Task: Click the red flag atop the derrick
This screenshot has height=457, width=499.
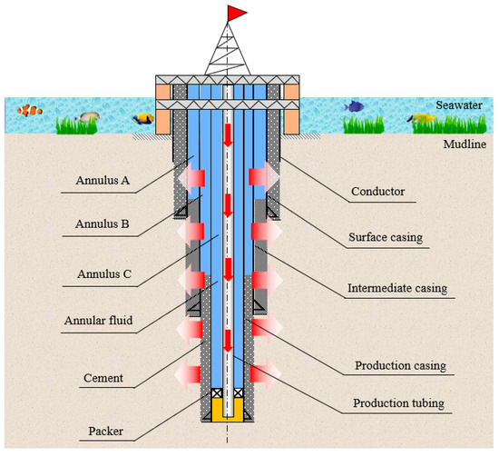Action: tap(238, 12)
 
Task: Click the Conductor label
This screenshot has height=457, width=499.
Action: tap(375, 193)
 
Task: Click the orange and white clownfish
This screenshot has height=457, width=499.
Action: tap(30, 113)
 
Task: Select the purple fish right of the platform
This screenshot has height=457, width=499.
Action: tap(353, 106)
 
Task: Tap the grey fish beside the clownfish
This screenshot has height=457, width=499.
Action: tap(88, 116)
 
